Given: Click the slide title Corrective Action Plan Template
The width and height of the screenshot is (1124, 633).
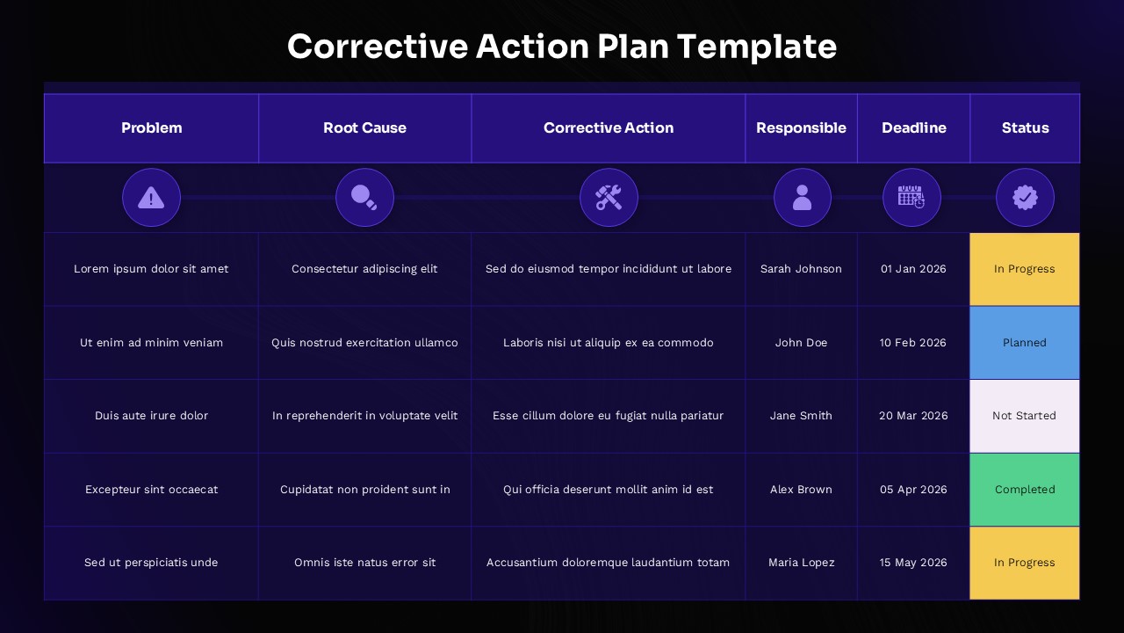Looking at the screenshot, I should click(562, 47).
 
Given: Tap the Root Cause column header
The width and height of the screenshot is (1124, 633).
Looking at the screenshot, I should click(364, 128).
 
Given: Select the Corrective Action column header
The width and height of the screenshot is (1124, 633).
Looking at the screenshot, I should click(609, 128).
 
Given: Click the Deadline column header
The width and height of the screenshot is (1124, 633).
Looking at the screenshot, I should click(913, 128).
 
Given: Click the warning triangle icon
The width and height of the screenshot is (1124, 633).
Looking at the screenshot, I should click(151, 198).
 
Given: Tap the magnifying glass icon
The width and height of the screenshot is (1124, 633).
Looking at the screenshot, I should click(364, 198).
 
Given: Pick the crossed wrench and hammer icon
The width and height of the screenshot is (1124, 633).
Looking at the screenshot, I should click(609, 198).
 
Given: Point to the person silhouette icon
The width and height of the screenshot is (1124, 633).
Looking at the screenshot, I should click(802, 198).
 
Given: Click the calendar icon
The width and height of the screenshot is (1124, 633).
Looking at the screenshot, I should click(911, 198).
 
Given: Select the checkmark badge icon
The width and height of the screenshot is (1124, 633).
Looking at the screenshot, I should click(1025, 198).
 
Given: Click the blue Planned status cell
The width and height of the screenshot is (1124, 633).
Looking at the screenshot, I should click(1025, 343).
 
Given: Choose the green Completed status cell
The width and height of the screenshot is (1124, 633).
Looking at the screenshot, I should click(1025, 490).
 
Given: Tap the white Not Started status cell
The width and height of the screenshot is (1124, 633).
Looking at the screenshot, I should click(1025, 416).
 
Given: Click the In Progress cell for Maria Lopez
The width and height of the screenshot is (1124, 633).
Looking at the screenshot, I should click(1025, 563).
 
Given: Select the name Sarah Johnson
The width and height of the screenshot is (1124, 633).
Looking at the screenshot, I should click(801, 269).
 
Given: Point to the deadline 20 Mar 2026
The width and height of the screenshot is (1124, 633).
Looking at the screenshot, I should click(913, 416).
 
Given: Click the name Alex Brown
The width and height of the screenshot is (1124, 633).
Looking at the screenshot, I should click(801, 490).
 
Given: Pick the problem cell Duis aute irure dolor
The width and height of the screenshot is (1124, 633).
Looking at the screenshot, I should click(151, 416).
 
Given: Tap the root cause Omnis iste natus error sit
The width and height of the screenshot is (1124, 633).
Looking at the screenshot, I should click(364, 563).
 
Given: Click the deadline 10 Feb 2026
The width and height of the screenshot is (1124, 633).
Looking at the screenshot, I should click(913, 343).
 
